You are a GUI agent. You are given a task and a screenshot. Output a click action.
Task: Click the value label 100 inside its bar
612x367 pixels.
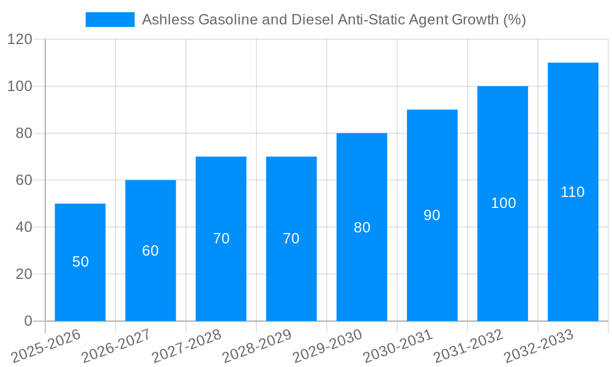(x=503, y=203)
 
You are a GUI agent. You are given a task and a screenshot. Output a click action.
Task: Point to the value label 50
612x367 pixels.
(x=80, y=262)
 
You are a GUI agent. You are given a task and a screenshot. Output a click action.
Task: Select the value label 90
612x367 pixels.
(x=432, y=215)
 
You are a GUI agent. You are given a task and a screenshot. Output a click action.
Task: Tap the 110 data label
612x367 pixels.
(x=573, y=192)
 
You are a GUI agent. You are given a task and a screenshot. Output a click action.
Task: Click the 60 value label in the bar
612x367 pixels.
(x=151, y=251)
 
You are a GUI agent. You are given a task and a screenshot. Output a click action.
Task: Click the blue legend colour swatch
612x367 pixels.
(x=110, y=20)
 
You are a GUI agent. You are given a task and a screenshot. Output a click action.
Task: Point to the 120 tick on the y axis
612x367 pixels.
(x=20, y=40)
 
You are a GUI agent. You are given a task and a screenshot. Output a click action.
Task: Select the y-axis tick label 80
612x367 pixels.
(x=23, y=133)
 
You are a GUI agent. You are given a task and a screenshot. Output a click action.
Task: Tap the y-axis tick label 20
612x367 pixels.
(x=23, y=274)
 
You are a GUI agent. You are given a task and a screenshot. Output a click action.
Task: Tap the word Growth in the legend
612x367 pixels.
(x=476, y=20)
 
